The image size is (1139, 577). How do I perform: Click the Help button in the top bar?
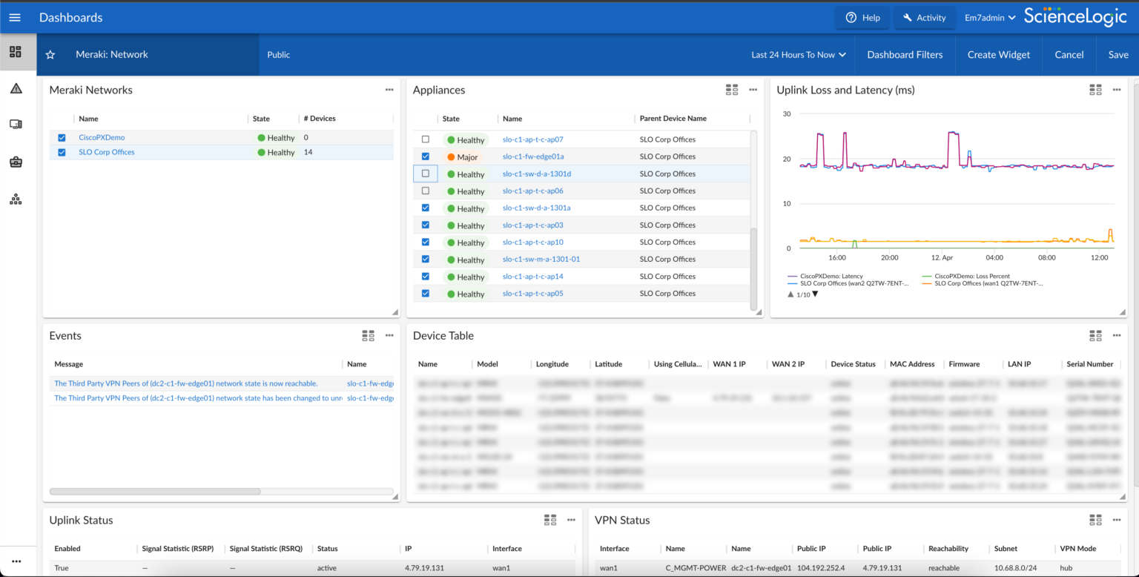tap(862, 18)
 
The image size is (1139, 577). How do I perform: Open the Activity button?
tap(923, 18)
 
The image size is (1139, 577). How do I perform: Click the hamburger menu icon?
tap(15, 17)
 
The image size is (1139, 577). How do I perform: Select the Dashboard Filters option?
tap(905, 54)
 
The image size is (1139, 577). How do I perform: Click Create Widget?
tap(998, 54)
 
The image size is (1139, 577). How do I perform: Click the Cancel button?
tap(1069, 54)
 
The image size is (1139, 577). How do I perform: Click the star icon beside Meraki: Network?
tap(50, 55)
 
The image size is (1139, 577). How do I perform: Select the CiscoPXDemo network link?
tap(102, 137)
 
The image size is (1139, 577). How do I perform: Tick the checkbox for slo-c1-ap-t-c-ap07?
tap(426, 139)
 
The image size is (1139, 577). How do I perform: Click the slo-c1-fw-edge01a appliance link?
tap(533, 156)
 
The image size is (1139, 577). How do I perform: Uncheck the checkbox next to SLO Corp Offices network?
tap(62, 152)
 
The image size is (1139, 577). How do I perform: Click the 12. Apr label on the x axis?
tap(942, 257)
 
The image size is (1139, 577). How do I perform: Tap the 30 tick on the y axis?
tap(787, 113)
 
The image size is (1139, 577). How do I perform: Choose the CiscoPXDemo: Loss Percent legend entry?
tap(967, 276)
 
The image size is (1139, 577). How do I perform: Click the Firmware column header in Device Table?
tap(964, 364)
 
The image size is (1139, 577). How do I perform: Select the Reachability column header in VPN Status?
tap(948, 549)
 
